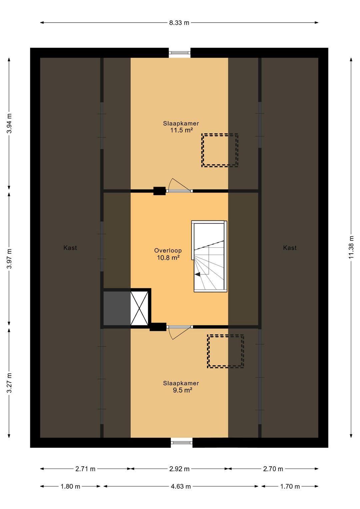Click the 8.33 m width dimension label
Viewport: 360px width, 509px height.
pyautogui.click(x=179, y=23)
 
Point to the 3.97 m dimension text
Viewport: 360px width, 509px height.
pyautogui.click(x=9, y=259)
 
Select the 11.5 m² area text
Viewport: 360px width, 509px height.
pyautogui.click(x=181, y=130)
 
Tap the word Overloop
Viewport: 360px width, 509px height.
pyautogui.click(x=168, y=250)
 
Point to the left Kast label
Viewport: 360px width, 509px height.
pyautogui.click(x=70, y=247)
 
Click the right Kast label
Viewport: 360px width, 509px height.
pyautogui.click(x=290, y=247)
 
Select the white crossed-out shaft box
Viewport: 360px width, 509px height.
pyautogui.click(x=139, y=308)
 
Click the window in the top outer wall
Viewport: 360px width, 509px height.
pyautogui.click(x=179, y=53)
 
